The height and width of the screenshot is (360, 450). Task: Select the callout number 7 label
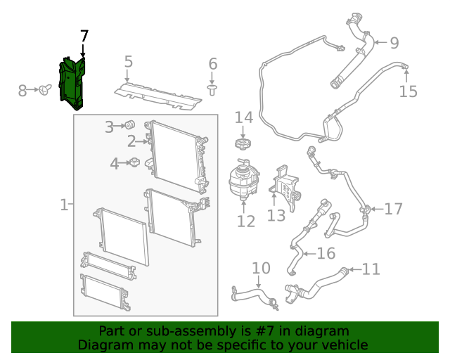84,36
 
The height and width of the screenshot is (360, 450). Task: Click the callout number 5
128,62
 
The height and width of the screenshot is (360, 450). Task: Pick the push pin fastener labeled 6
212,89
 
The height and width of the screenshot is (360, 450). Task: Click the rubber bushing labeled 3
129,125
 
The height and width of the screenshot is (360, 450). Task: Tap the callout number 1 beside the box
63,205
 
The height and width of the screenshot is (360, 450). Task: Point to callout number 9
394,43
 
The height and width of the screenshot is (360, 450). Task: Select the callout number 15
408,91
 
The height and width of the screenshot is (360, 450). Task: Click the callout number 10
261,268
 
